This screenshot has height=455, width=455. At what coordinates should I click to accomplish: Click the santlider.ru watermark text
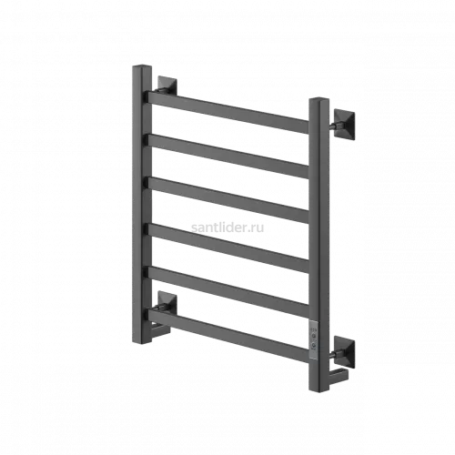tap(227, 227)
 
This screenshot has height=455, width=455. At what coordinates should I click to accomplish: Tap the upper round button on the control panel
tap(313, 335)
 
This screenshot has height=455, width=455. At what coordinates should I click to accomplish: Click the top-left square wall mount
tap(167, 85)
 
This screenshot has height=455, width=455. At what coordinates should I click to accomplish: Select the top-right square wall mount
tap(344, 124)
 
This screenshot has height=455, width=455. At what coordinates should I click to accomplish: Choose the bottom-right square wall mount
tap(344, 351)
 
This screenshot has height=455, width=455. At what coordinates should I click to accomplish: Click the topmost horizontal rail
tap(228, 112)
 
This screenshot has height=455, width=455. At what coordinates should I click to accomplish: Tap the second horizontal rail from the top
tap(228, 157)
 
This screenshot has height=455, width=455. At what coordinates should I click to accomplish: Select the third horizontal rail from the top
tap(228, 200)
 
